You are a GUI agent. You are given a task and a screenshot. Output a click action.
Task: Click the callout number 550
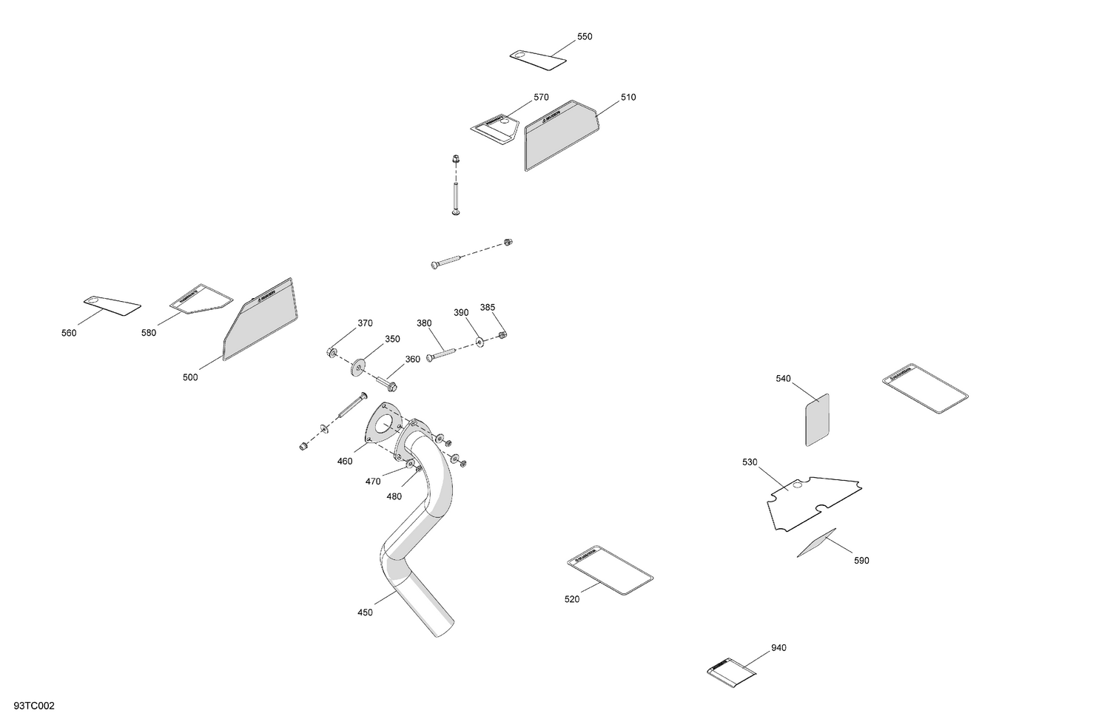(x=585, y=36)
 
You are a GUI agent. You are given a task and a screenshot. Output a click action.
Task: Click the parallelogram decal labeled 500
(x=260, y=320)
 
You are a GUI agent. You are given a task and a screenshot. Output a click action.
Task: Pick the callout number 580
(x=149, y=333)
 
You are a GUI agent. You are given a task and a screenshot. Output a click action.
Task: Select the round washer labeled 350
(x=361, y=365)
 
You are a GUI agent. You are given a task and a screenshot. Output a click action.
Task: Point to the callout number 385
(x=488, y=307)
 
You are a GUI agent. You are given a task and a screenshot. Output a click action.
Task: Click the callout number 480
(x=394, y=496)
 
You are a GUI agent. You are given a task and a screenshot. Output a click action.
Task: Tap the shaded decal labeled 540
(x=817, y=419)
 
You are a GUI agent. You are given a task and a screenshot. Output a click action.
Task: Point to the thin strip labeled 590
(x=816, y=543)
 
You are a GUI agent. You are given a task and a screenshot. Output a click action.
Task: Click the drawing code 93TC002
(x=34, y=706)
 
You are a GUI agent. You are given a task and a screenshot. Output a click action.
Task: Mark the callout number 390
(x=461, y=313)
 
